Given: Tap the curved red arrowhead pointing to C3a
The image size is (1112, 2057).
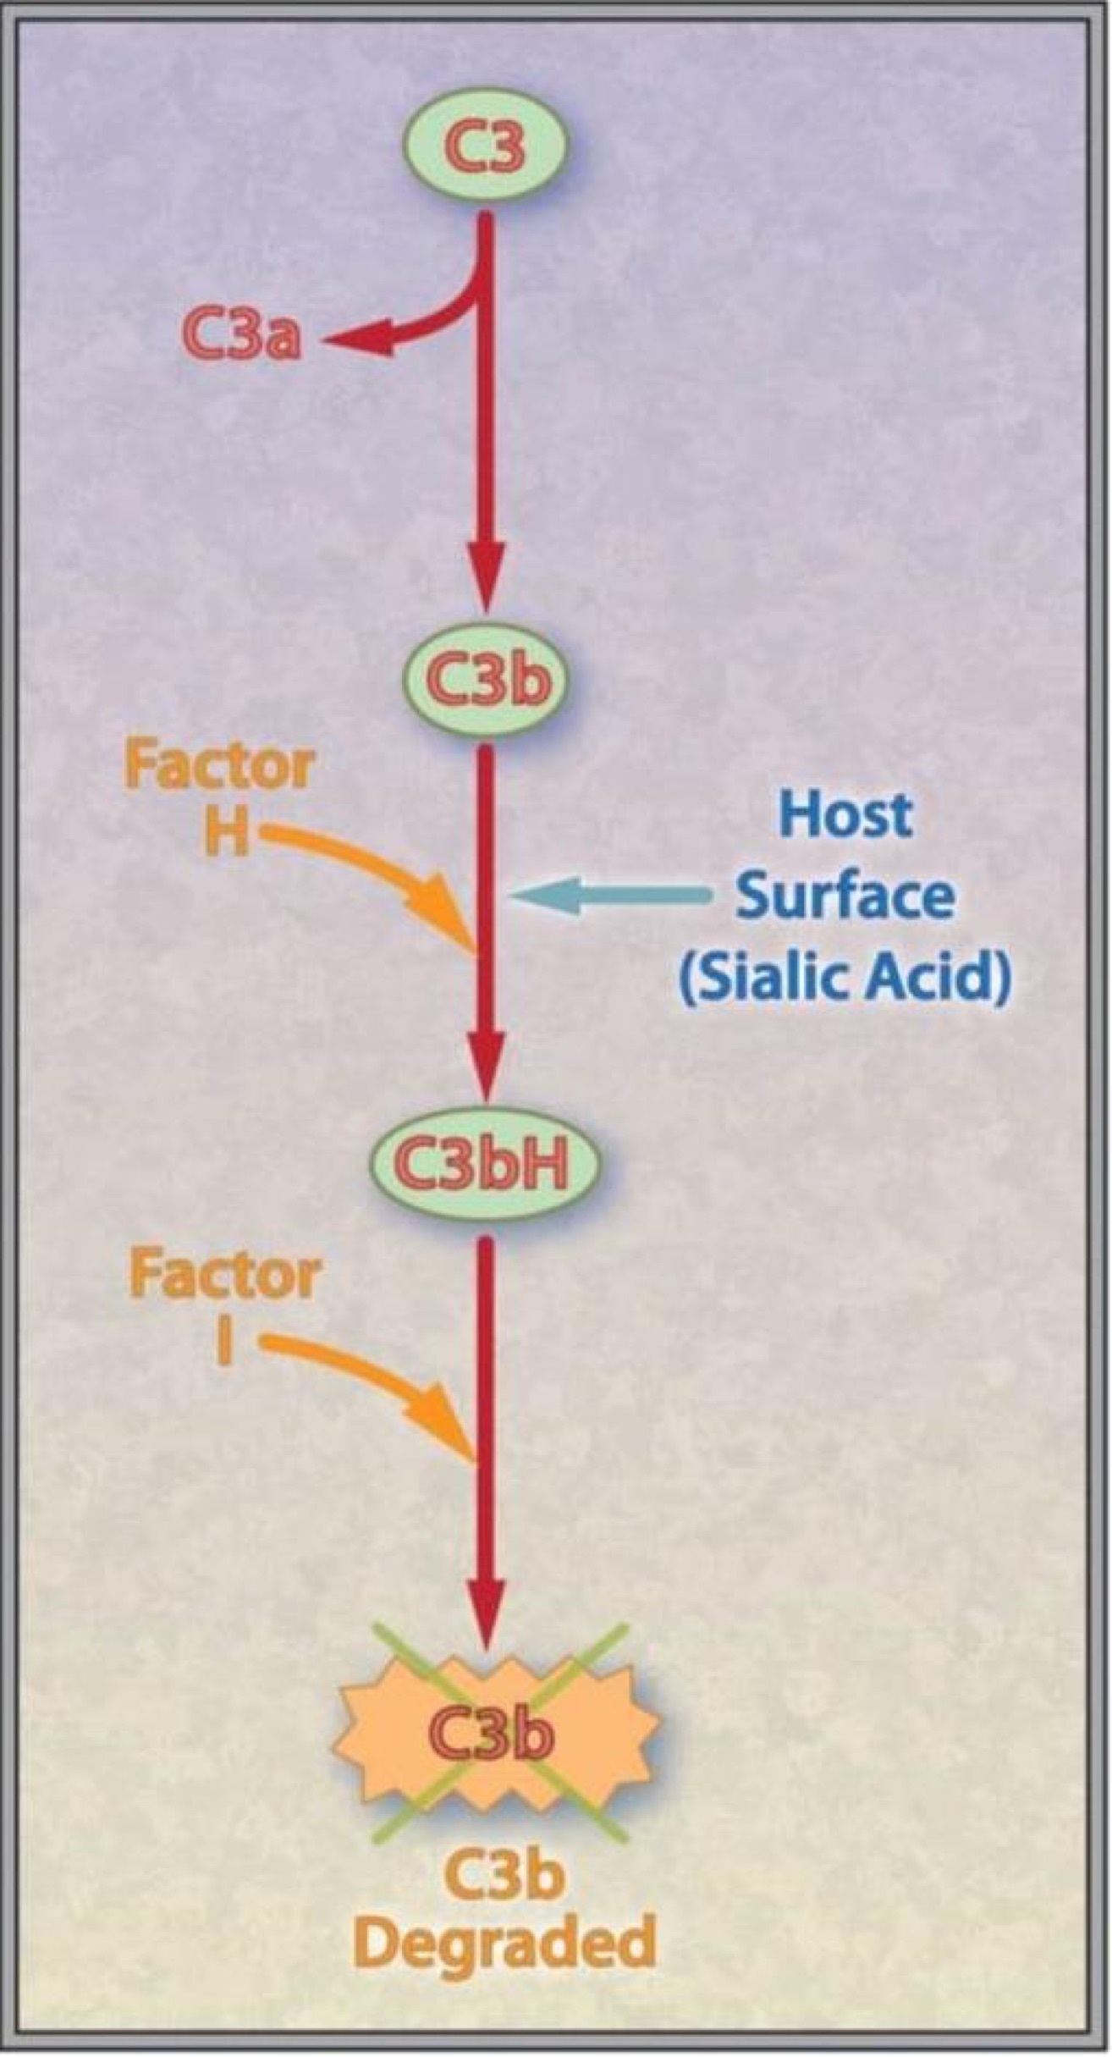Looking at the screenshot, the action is click(x=355, y=342).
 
